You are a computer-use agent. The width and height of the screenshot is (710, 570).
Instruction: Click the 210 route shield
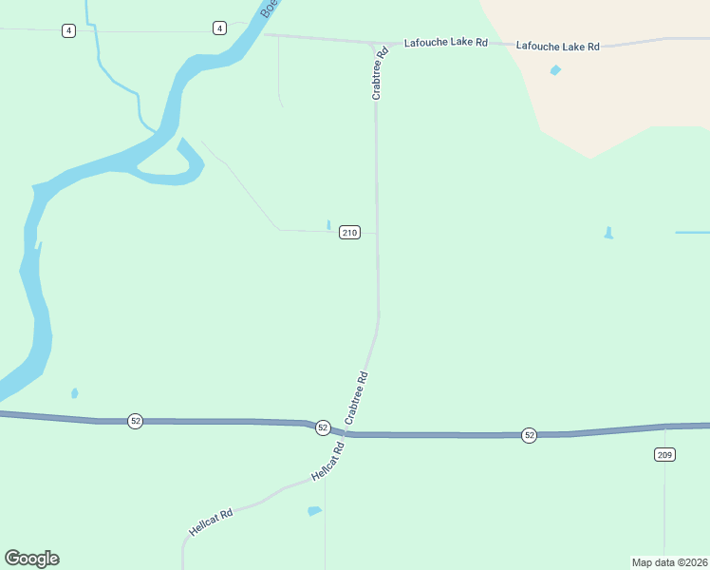(349, 233)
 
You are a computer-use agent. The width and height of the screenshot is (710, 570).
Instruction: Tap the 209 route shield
(664, 455)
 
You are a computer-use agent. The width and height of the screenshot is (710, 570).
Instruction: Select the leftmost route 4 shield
(68, 30)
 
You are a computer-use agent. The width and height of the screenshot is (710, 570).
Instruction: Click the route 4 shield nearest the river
(220, 28)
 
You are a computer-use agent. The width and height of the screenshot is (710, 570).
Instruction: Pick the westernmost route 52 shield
(136, 421)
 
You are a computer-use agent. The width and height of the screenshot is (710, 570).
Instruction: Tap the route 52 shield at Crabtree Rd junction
(323, 427)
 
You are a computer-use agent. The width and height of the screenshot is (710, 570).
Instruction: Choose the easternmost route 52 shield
(530, 435)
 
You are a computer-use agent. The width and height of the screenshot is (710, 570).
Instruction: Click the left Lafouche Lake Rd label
(445, 43)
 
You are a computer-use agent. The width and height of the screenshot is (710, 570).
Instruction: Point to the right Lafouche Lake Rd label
(558, 46)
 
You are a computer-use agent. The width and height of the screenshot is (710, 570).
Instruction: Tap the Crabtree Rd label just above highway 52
(356, 398)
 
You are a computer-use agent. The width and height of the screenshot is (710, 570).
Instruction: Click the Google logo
(31, 559)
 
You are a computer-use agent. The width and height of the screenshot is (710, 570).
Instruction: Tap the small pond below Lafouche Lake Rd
(555, 69)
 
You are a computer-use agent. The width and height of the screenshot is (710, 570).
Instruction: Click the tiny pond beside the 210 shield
(328, 225)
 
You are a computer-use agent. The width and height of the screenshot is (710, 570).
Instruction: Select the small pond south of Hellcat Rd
(314, 511)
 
